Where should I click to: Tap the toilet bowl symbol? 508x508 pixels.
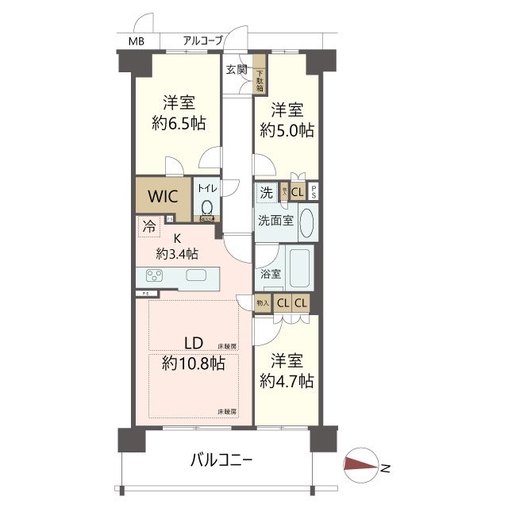[206, 208]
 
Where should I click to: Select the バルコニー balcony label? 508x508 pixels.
[221, 460]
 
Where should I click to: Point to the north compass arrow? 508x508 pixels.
[363, 466]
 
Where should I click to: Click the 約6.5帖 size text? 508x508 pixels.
[179, 123]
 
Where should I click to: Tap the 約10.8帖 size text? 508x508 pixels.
[193, 364]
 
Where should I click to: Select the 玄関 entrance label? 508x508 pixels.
[236, 70]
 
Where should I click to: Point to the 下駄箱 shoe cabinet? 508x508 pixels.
[260, 79]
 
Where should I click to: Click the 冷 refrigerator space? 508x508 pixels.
[149, 226]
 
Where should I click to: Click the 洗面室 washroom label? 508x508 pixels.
[275, 221]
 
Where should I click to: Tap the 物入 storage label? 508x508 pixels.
[263, 303]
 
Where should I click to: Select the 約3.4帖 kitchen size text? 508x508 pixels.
[177, 254]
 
